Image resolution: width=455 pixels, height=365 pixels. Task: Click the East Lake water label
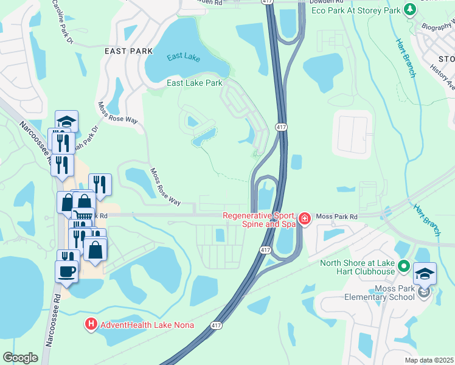(x=184, y=58)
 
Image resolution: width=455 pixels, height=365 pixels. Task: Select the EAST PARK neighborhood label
(x=128, y=51)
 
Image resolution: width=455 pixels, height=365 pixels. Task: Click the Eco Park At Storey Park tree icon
(x=410, y=10)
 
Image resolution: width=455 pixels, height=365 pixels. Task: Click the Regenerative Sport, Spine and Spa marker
(x=304, y=218)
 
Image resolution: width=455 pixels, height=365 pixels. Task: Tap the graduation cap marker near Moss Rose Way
(x=66, y=120)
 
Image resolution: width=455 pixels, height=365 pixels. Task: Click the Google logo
(x=20, y=358)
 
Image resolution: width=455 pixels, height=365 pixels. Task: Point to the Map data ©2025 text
(x=429, y=360)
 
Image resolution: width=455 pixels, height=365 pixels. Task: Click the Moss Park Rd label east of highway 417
(x=338, y=216)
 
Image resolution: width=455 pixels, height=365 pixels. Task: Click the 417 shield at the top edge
(x=267, y=2)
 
